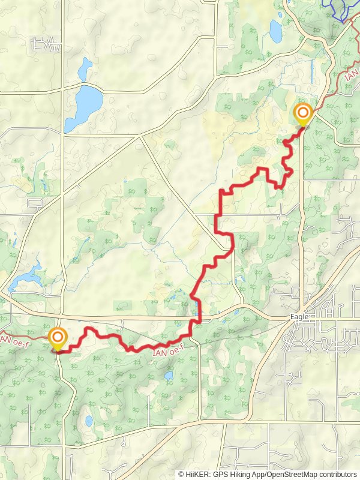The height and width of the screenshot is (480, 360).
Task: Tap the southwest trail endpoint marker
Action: pyautogui.click(x=58, y=338)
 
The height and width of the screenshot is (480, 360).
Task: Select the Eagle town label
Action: pyautogui.click(x=299, y=316)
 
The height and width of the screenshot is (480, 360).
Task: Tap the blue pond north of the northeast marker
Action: pyautogui.click(x=275, y=28)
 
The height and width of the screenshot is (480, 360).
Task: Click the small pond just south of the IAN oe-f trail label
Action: pyautogui.click(x=169, y=376)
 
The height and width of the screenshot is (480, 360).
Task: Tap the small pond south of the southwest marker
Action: pyautogui.click(x=89, y=420)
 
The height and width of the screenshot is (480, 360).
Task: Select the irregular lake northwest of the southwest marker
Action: pyautogui.click(x=25, y=275)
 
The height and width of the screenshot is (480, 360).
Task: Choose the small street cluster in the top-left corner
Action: pyautogui.click(x=46, y=43)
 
